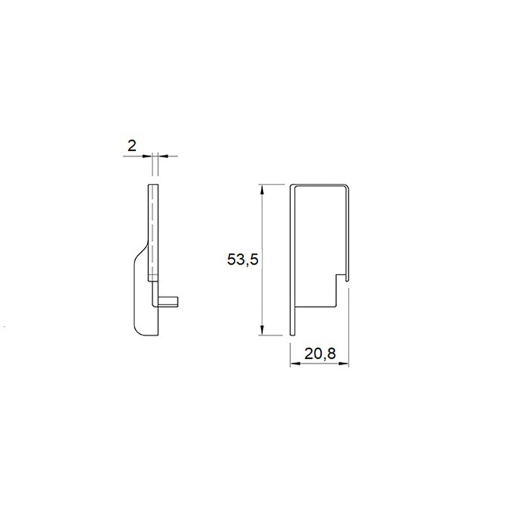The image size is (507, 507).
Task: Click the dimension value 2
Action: click(132, 146)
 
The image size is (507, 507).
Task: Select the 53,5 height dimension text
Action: click(243, 260)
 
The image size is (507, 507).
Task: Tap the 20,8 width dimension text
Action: click(320, 354)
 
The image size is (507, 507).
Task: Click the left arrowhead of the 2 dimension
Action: click(146, 156)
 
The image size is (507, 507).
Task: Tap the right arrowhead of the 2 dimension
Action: click(164, 156)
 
